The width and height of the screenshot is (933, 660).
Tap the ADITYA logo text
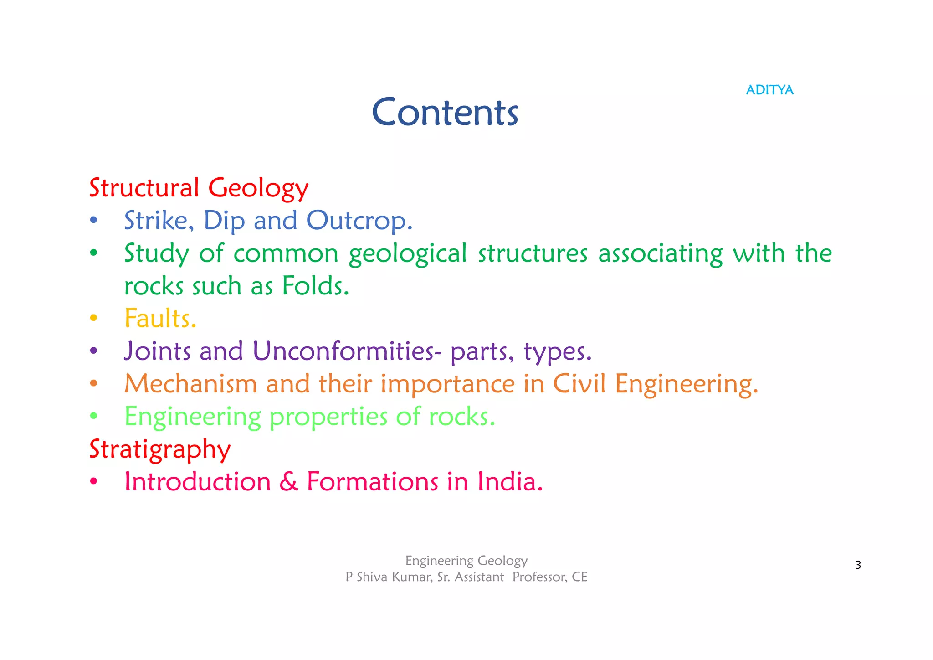click(769, 90)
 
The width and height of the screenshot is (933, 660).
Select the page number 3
click(858, 565)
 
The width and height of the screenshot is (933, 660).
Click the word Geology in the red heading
click(258, 188)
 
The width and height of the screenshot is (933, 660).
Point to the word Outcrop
click(359, 221)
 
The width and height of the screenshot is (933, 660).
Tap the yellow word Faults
click(160, 318)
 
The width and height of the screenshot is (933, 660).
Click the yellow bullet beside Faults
click(93, 318)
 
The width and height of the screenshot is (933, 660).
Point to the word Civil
click(579, 384)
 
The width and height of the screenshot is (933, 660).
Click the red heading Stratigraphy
click(160, 450)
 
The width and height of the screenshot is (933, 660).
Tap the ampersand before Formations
click(288, 482)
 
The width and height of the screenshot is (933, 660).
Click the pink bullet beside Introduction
click(93, 482)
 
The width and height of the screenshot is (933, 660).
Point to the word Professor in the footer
click(539, 577)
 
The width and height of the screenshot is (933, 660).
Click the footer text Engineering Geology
click(466, 561)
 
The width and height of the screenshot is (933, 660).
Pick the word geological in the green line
click(408, 254)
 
